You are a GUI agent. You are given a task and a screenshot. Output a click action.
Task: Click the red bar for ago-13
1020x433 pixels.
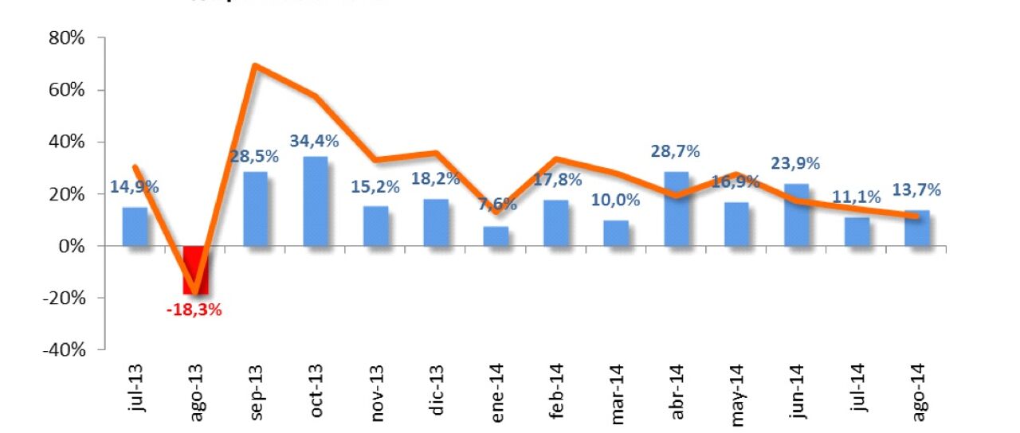click(194, 270)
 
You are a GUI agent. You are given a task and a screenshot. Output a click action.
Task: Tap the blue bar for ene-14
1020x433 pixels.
click(495, 237)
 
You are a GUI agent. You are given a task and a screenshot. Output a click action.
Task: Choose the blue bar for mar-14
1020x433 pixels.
click(615, 233)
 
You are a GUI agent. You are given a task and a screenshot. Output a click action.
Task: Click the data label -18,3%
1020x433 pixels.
click(194, 310)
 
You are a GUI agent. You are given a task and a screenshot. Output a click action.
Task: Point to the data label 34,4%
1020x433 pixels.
click(315, 142)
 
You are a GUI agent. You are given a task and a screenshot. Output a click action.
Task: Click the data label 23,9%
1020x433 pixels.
click(796, 163)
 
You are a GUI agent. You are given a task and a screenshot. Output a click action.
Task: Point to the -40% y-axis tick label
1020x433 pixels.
click(63, 350)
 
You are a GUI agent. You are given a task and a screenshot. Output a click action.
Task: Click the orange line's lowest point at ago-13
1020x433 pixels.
click(194, 292)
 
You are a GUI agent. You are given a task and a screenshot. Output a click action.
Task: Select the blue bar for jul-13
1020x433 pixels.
click(134, 227)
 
